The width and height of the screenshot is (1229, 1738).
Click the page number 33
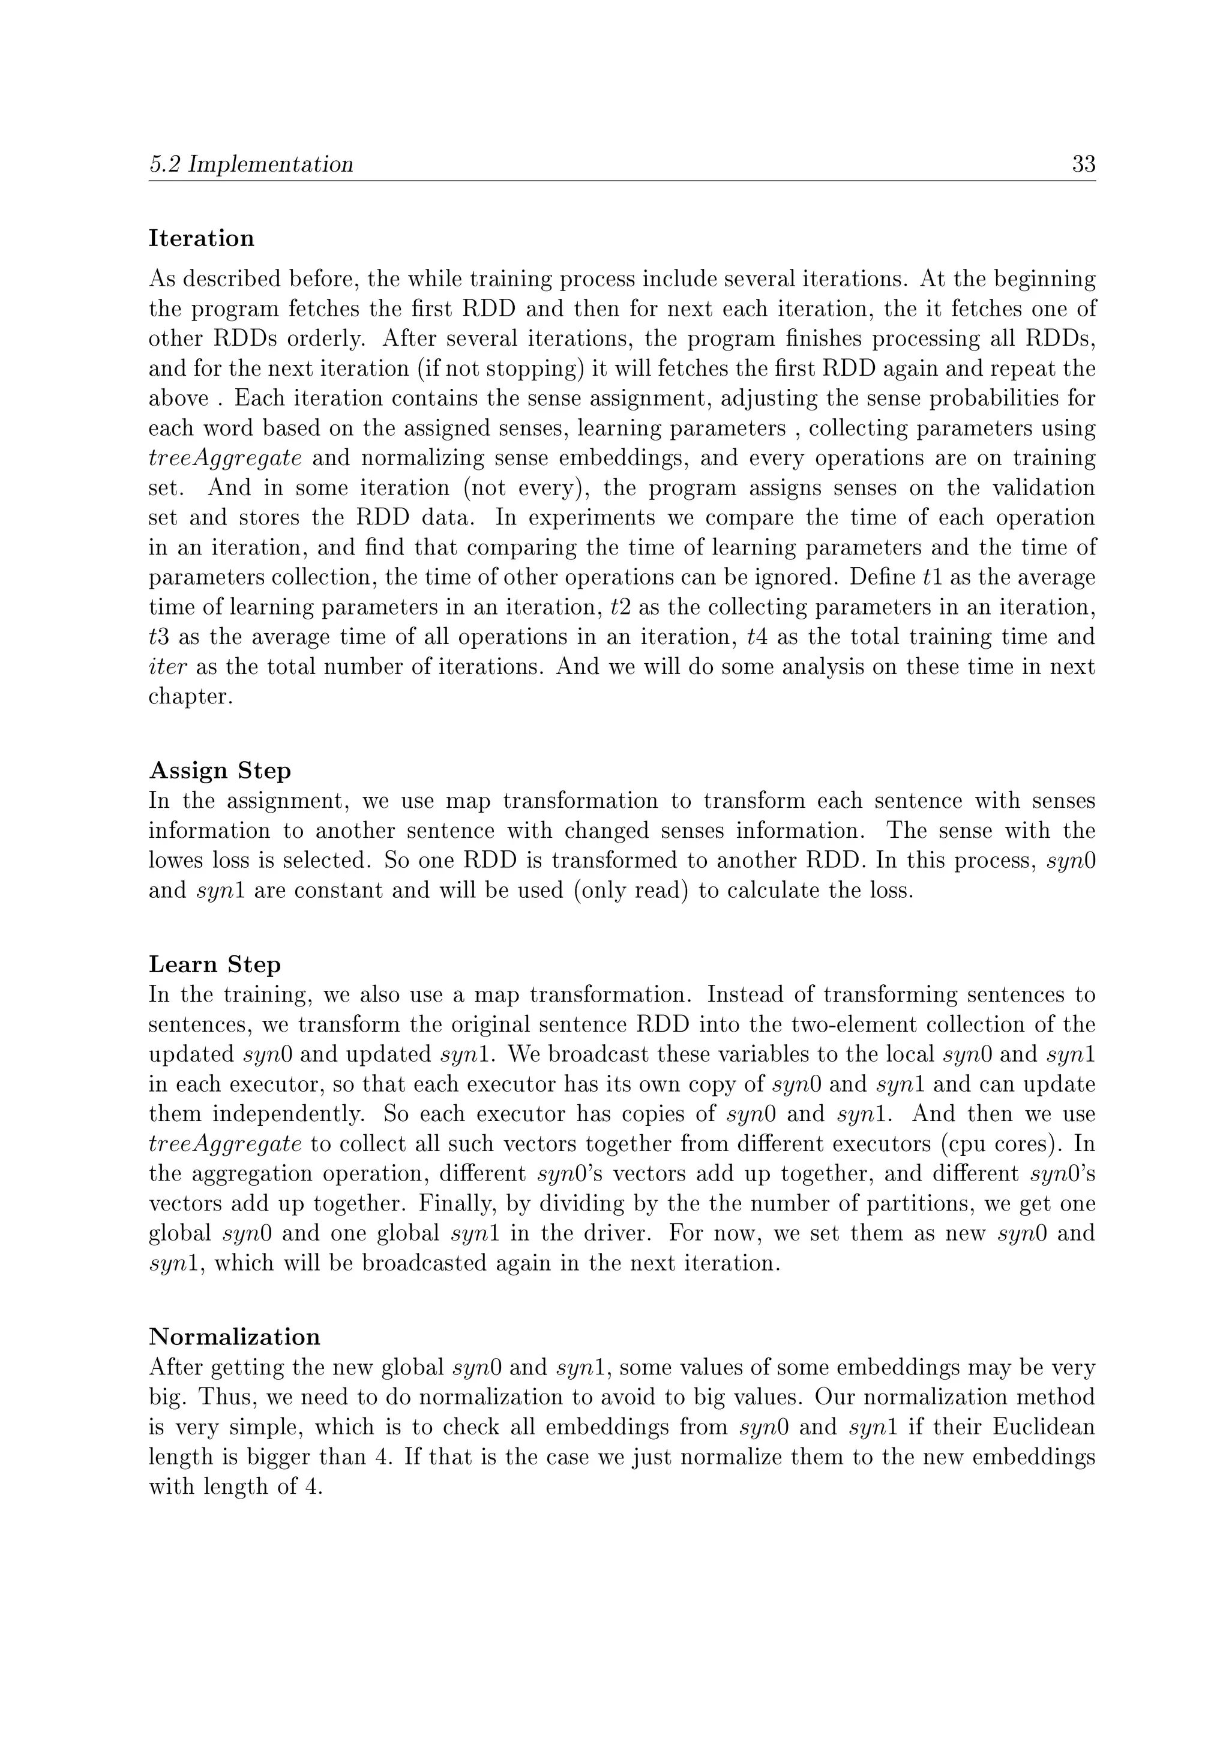pyautogui.click(x=1083, y=164)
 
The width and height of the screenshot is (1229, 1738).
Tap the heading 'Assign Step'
pyautogui.click(x=220, y=771)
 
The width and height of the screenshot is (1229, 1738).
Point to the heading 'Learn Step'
pyautogui.click(x=214, y=965)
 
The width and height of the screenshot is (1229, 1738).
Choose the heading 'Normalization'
pyautogui.click(x=234, y=1337)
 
